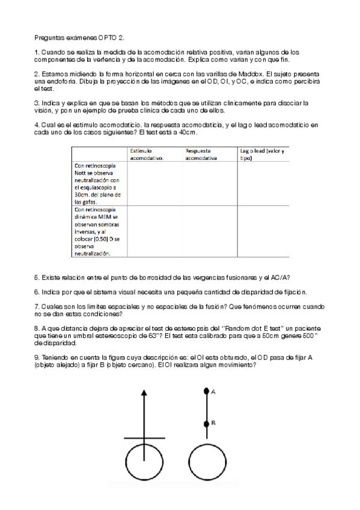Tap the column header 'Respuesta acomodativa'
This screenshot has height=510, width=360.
point(203,154)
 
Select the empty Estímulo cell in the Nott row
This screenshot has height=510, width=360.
point(154,184)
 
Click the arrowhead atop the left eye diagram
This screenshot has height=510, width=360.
point(143,393)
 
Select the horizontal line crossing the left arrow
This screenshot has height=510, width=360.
point(144,438)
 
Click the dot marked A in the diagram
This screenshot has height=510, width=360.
point(206,392)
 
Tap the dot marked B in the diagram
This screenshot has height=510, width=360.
point(206,423)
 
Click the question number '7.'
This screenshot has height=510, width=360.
point(37,306)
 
